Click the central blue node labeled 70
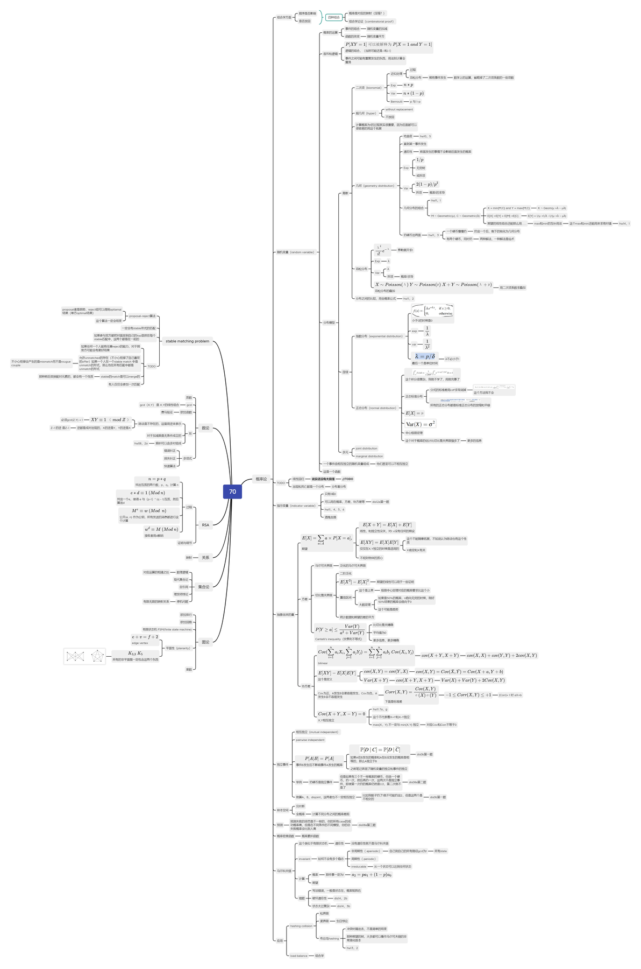point(232,491)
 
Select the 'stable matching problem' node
point(187,341)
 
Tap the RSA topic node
point(205,525)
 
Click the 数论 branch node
point(205,428)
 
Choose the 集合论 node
point(204,587)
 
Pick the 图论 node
point(205,642)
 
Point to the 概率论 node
point(261,479)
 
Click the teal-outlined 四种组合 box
point(334,17)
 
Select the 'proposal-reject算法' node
point(142,316)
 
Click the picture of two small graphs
point(84,656)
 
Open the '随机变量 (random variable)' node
point(295,252)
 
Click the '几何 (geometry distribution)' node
point(375,186)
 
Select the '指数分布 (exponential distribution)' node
point(379,336)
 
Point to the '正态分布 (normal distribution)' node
point(375,408)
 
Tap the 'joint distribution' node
point(366,448)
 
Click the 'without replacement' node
point(399,109)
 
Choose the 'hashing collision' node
point(301,926)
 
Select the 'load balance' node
point(298,956)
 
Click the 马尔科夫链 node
point(284,870)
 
